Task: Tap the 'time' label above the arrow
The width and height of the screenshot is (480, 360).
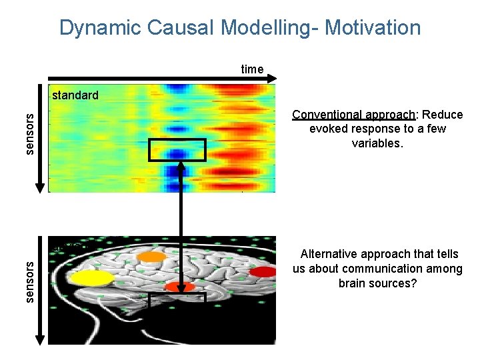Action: tap(252, 69)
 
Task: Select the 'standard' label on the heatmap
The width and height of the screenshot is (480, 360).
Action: tap(75, 95)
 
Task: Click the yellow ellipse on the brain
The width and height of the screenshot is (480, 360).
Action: tap(93, 279)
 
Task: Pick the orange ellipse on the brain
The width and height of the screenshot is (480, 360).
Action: tap(152, 257)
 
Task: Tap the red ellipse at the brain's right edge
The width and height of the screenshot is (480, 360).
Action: tap(262, 271)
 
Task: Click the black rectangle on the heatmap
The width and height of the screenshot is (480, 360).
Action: tap(177, 150)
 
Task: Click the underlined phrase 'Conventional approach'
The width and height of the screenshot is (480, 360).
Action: tap(351, 115)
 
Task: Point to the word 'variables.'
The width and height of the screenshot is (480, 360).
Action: tap(377, 143)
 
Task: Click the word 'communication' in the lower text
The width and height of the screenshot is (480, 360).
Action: tap(390, 269)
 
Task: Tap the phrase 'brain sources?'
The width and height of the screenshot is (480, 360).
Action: tap(377, 283)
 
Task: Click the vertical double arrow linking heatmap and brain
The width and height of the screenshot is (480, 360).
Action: tap(180, 220)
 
